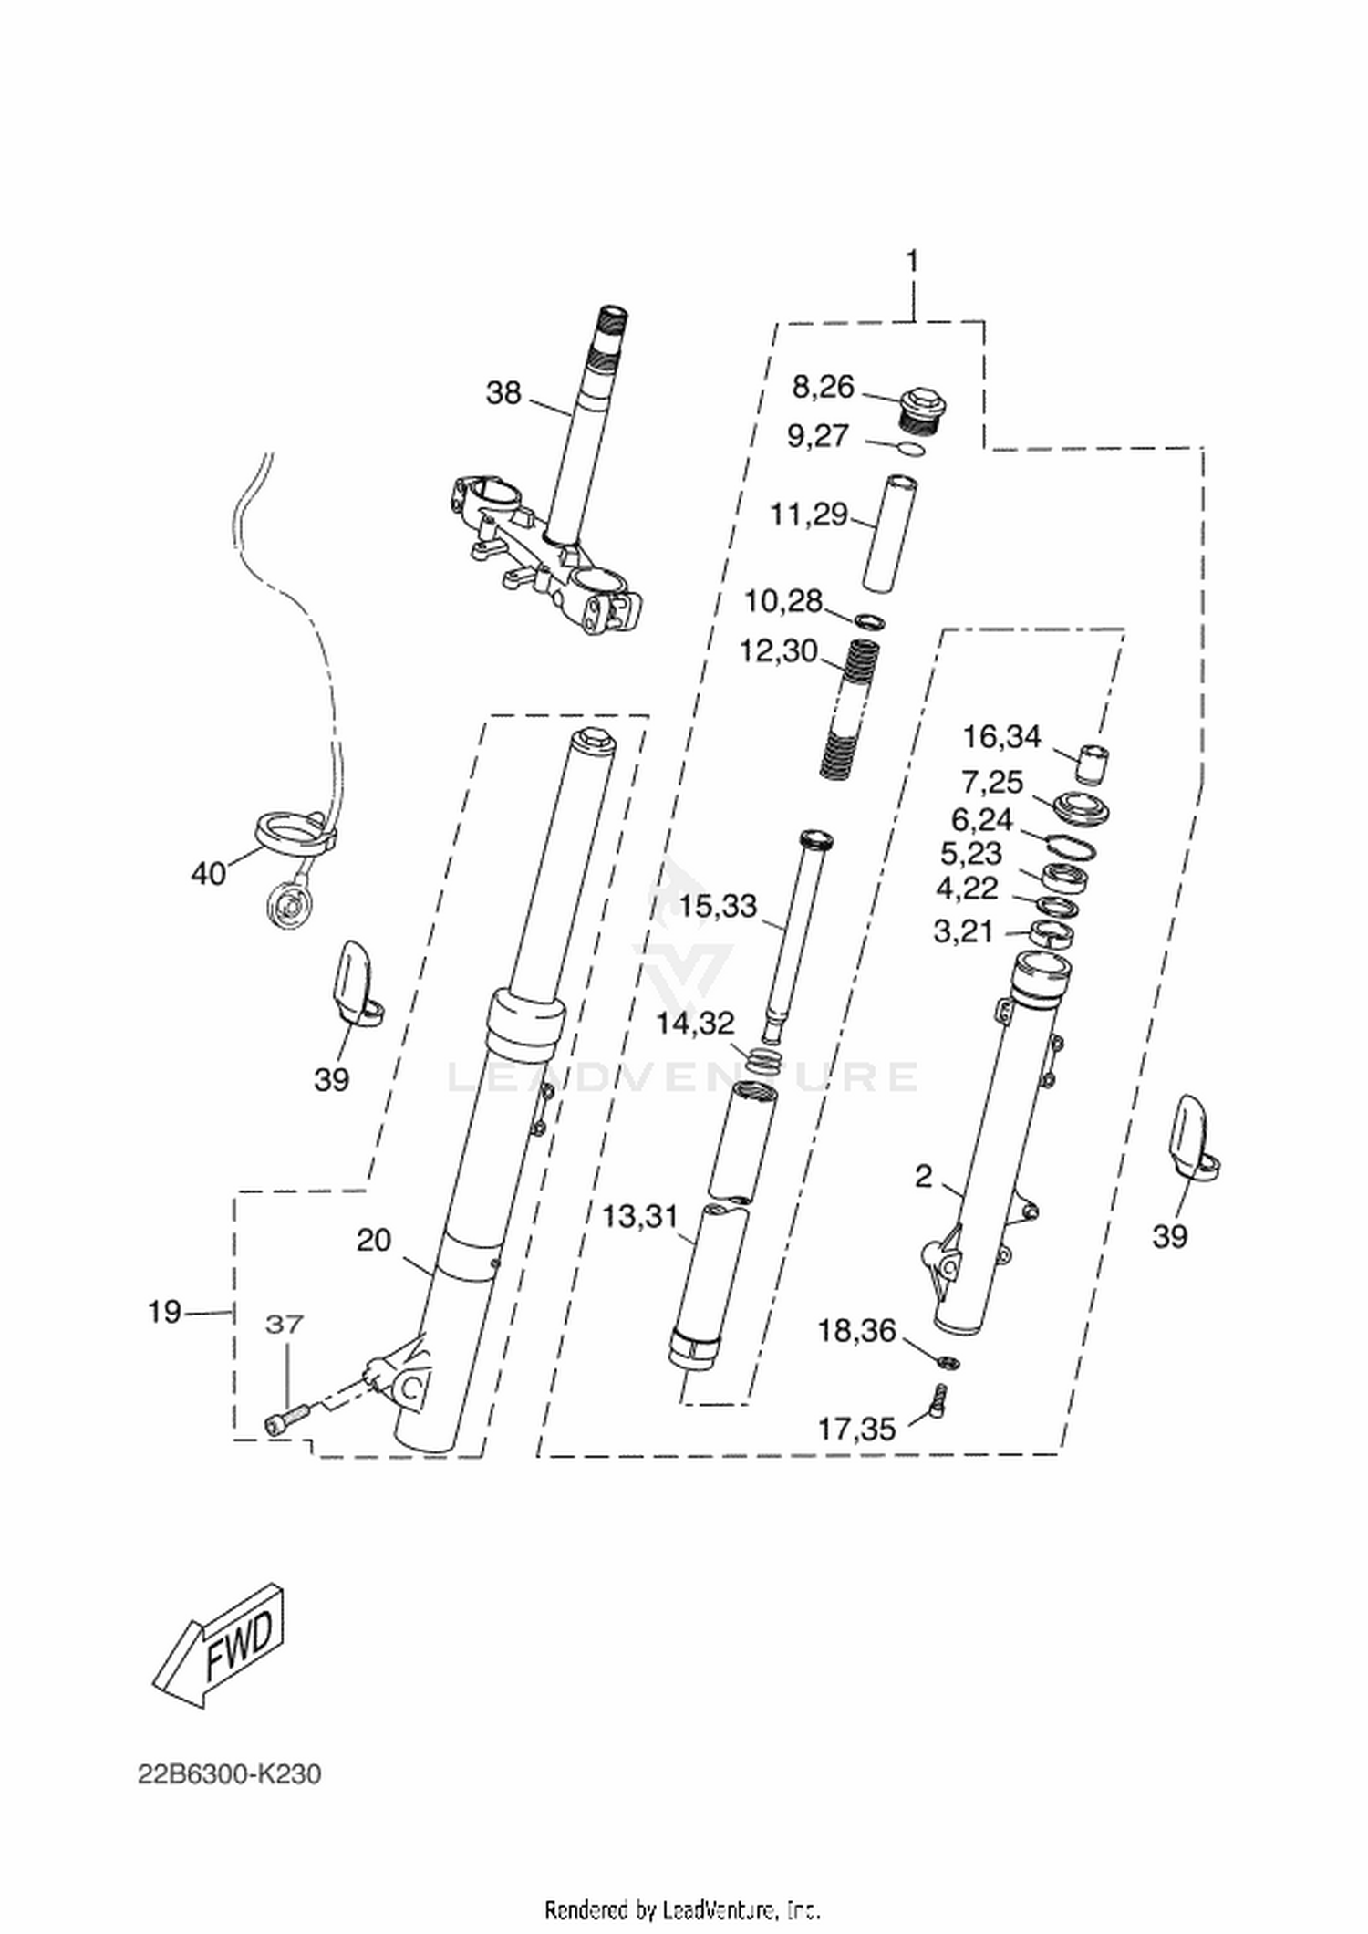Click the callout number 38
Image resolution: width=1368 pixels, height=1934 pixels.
coord(503,393)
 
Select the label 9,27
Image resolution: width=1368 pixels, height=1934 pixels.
coord(818,436)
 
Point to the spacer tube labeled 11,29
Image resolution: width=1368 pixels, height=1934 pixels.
coord(891,535)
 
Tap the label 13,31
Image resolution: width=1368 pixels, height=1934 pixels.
coord(640,1216)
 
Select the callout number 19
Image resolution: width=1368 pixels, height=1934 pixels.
coord(165,1313)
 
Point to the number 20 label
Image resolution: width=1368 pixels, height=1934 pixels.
coord(374,1240)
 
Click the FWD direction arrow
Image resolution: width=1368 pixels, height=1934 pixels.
coord(218,1646)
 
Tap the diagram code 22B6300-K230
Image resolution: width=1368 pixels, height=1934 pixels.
coord(230,1774)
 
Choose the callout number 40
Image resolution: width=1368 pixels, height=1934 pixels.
coord(208,874)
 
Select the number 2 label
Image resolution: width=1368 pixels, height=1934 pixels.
coord(924,1177)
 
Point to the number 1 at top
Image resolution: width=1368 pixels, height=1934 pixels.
coord(912,262)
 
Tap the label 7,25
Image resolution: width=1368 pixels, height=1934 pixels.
coord(992,783)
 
